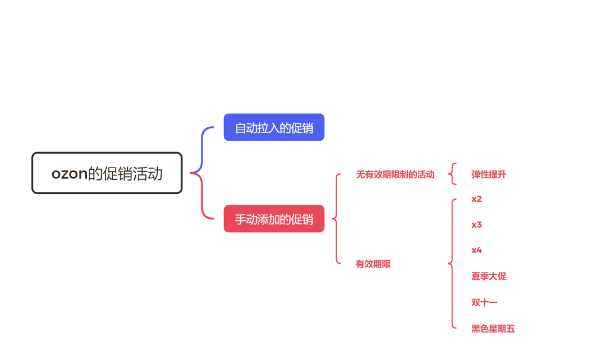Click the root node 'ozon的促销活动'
pos(107,173)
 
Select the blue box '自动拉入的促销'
pos(274,127)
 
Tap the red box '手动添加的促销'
pos(274,219)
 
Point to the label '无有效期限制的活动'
pos(395,174)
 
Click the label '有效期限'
pos(373,264)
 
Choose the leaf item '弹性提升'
pos(489,174)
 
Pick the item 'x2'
pos(477,199)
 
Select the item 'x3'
pos(477,225)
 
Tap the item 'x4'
pos(477,250)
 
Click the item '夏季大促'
pos(489,276)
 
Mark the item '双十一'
pos(485,302)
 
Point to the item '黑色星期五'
pos(493,329)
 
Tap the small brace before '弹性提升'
pos(452,174)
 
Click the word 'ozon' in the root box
pos(70,174)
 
